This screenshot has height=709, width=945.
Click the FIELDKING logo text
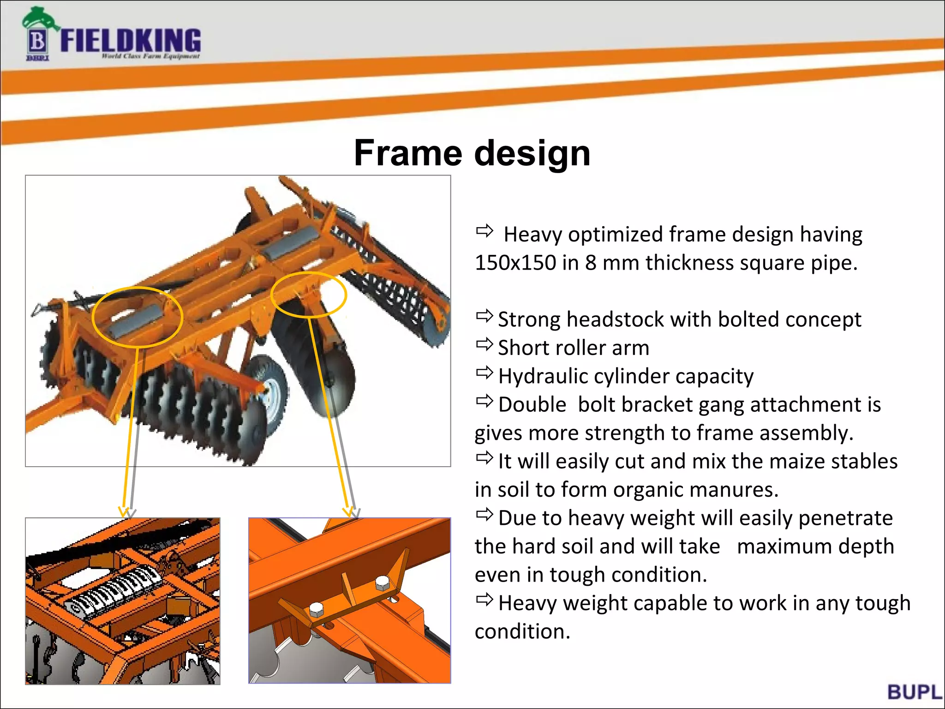coord(131,41)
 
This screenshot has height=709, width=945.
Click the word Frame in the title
coord(408,153)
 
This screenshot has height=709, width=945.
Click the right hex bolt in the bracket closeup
coord(383,584)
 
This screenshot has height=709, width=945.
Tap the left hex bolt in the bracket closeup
coord(316,610)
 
